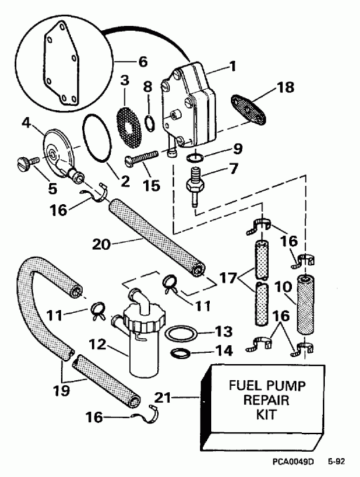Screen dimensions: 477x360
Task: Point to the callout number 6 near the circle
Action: [x=142, y=62]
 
